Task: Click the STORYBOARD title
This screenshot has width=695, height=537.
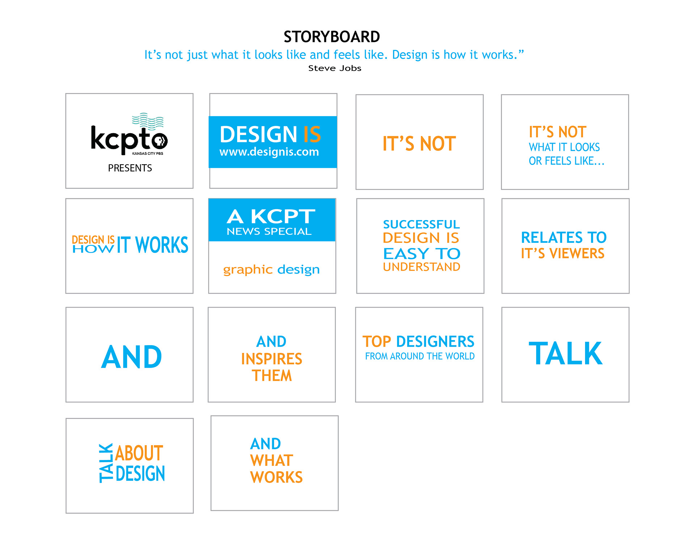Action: [x=332, y=37]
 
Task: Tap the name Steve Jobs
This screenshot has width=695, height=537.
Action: [x=335, y=68]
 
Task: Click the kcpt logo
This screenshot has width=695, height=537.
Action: [x=129, y=134]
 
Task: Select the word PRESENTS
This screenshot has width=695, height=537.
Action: [x=130, y=168]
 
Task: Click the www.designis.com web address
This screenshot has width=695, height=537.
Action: [x=269, y=152]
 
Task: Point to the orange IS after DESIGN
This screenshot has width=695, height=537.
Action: [x=312, y=135]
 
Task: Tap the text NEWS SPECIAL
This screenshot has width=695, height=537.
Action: [x=269, y=232]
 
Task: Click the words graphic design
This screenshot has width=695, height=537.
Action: [x=271, y=270]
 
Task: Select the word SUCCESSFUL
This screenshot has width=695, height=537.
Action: [x=421, y=224]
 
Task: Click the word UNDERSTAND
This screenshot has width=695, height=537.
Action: [x=422, y=267]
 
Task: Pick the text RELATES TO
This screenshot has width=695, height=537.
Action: [x=564, y=238]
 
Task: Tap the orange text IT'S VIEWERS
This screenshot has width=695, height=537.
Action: [x=563, y=254]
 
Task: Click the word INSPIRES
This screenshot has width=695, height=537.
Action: [x=271, y=359]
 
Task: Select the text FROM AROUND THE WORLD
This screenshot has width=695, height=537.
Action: [x=420, y=356]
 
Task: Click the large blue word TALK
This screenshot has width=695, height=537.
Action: [x=565, y=354]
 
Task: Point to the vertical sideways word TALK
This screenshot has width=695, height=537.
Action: [x=106, y=463]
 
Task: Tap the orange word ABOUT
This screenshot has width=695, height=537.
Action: [x=139, y=453]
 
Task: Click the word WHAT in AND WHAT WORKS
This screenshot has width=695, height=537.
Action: [x=271, y=461]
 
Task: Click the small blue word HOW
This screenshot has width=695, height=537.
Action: [x=93, y=249]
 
